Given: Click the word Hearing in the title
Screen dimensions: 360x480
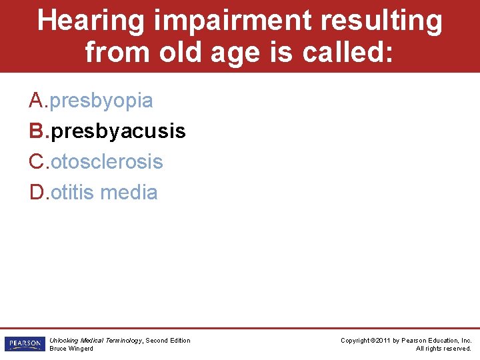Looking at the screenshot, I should [x=91, y=21].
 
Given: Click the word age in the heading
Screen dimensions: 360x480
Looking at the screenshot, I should [x=241, y=51].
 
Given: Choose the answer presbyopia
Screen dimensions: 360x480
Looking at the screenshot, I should [x=101, y=101].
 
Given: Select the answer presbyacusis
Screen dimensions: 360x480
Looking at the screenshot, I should [x=118, y=131].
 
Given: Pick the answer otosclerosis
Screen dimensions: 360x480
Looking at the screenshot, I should [x=107, y=161].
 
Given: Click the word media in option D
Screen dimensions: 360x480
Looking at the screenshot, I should [x=129, y=192].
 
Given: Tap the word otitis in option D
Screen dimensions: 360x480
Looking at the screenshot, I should [x=72, y=192].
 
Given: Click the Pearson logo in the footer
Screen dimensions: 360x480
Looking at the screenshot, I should [x=24, y=344].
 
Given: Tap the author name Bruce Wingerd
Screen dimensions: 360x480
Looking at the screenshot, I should [x=71, y=349].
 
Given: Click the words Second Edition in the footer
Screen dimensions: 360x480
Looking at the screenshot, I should [x=168, y=341].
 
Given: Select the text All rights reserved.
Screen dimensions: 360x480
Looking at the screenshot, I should [x=443, y=349].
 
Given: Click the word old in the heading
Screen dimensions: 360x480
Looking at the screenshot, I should [x=183, y=51].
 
